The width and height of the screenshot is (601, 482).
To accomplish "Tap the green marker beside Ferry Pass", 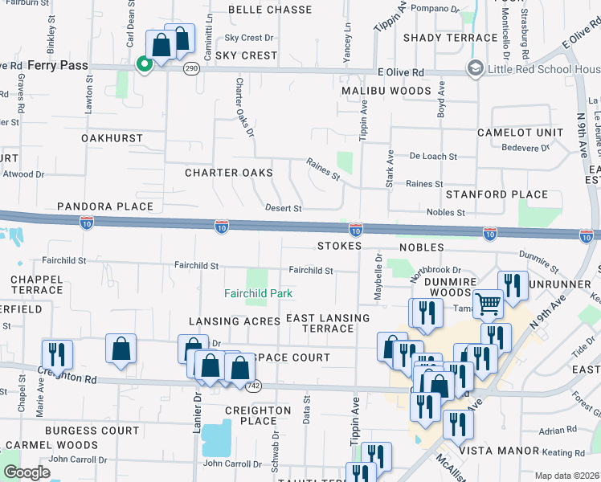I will (x=145, y=63).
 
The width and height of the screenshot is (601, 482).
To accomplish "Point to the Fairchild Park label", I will (x=258, y=293).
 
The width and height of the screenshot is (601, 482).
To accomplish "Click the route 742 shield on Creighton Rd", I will (x=255, y=386).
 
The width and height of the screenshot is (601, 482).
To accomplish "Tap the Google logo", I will (x=27, y=472).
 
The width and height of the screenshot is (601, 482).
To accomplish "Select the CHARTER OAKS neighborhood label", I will (x=229, y=173).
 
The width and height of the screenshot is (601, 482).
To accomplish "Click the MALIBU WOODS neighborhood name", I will (x=386, y=91).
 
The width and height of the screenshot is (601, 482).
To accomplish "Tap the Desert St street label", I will (x=283, y=208).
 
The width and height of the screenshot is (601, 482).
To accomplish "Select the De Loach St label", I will (x=432, y=157).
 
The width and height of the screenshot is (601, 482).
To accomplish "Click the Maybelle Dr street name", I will (x=378, y=278).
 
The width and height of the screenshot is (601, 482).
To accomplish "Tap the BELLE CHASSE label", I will (x=270, y=10).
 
